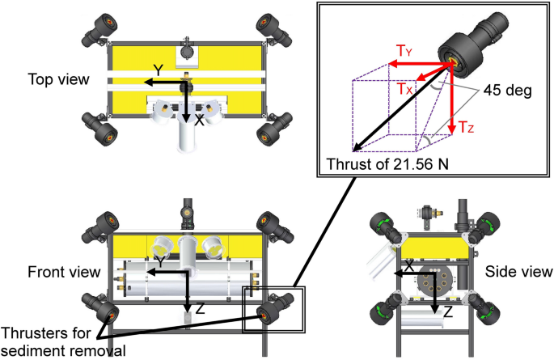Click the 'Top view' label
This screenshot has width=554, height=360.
pyautogui.click(x=57, y=79)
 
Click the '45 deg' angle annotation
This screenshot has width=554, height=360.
pyautogui.click(x=507, y=91)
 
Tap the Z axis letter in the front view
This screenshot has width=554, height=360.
pyautogui.click(x=201, y=309)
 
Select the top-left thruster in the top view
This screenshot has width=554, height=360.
pyautogui.click(x=98, y=29)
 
